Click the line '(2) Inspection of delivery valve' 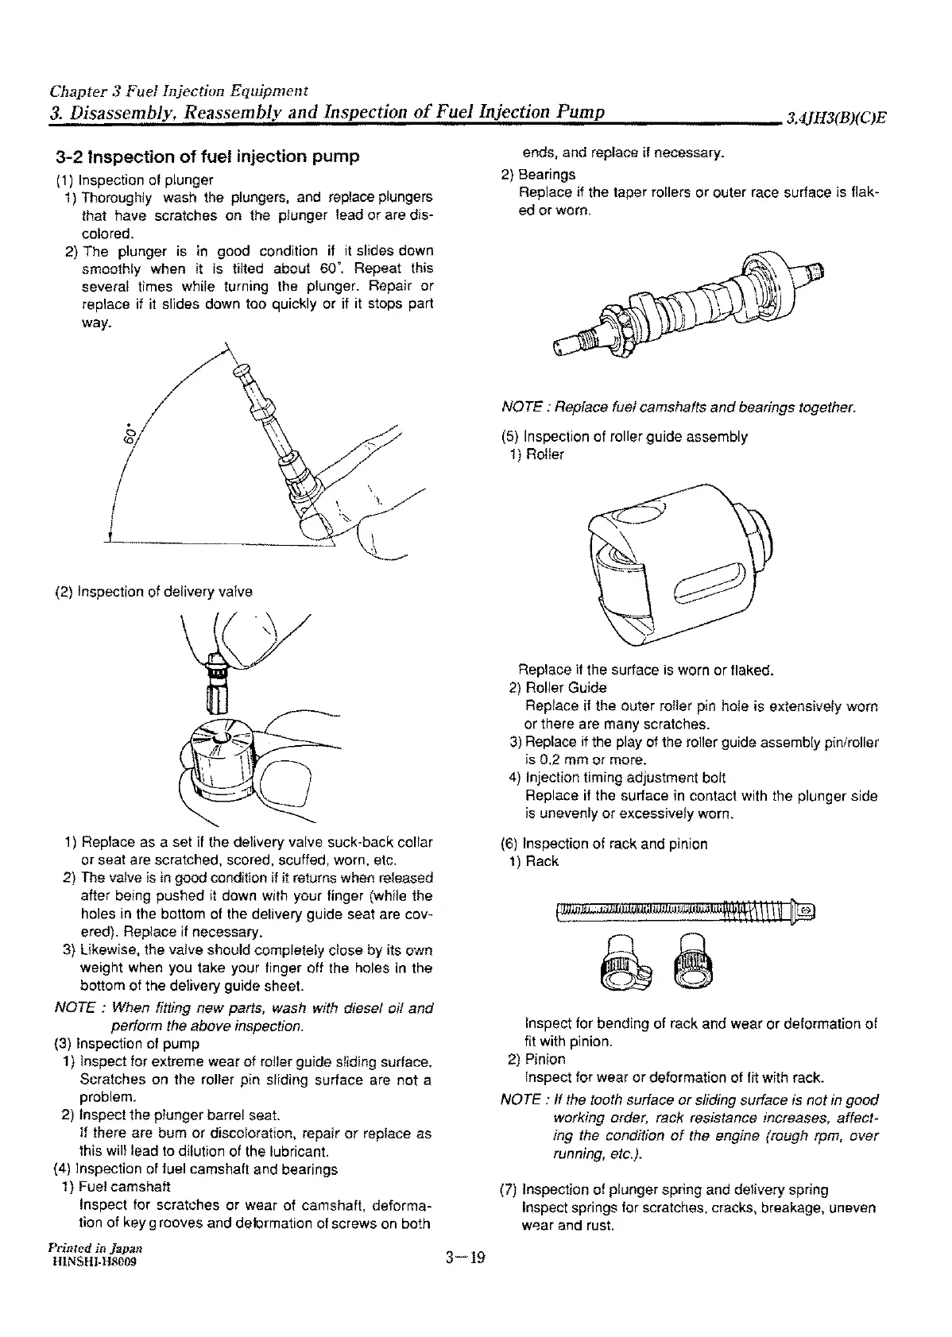point(153,592)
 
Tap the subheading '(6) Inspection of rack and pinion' point(604,844)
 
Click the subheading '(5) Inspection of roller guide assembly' point(624,437)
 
